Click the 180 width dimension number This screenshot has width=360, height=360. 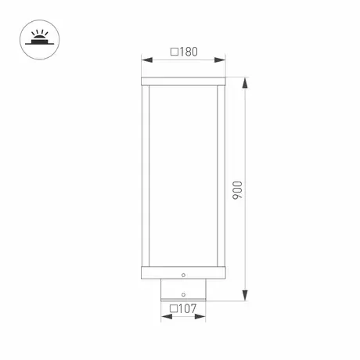click(x=189, y=52)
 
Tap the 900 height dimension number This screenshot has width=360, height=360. click(x=237, y=190)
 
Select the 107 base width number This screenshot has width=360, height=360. click(x=187, y=308)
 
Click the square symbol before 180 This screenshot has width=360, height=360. click(x=175, y=52)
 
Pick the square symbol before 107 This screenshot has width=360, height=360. click(x=174, y=309)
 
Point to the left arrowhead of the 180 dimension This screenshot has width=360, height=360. click(x=147, y=60)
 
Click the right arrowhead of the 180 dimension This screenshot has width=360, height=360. click(x=220, y=60)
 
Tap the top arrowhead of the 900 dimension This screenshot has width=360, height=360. click(x=245, y=83)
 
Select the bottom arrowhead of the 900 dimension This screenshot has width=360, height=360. click(x=245, y=295)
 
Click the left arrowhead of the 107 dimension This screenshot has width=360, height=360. click(x=167, y=317)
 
